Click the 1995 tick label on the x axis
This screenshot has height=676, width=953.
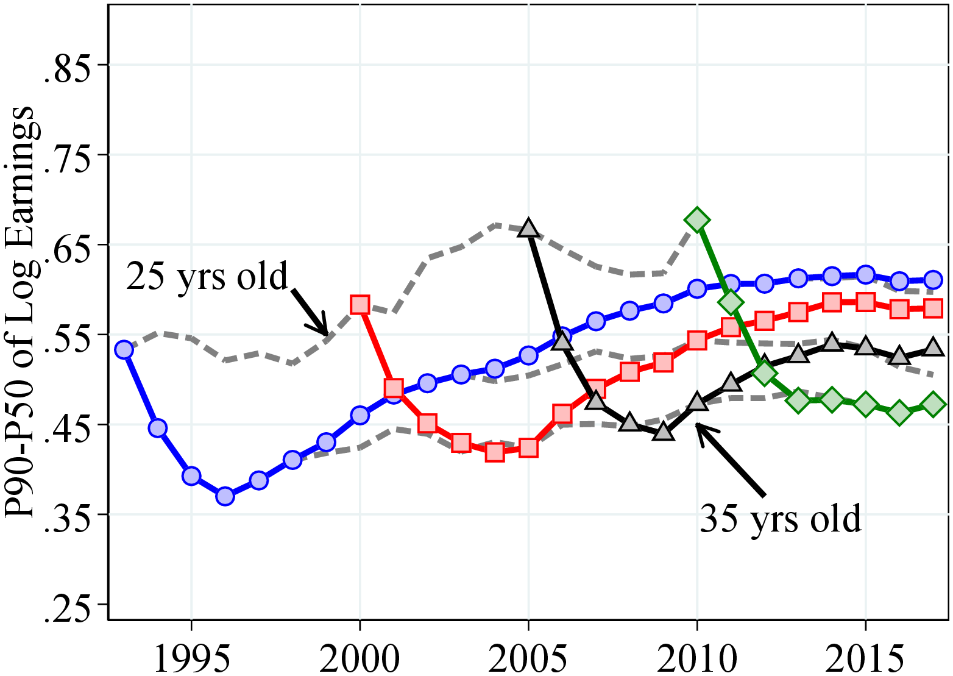tap(192, 657)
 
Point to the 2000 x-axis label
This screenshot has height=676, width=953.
tap(360, 657)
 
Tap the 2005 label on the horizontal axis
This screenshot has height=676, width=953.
tap(528, 657)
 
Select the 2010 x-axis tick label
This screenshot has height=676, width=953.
tap(697, 657)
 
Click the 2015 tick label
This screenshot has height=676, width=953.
tap(865, 657)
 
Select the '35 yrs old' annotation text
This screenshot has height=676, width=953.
tap(780, 519)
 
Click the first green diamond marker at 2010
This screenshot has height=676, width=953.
tap(697, 220)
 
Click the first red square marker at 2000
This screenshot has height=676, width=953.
tap(360, 304)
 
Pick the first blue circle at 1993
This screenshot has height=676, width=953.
tap(124, 350)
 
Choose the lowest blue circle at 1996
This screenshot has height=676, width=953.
tap(225, 496)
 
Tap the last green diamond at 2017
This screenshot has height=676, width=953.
tap(933, 404)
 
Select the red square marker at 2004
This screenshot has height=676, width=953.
tap(495, 452)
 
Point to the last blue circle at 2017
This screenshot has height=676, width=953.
tap(933, 280)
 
